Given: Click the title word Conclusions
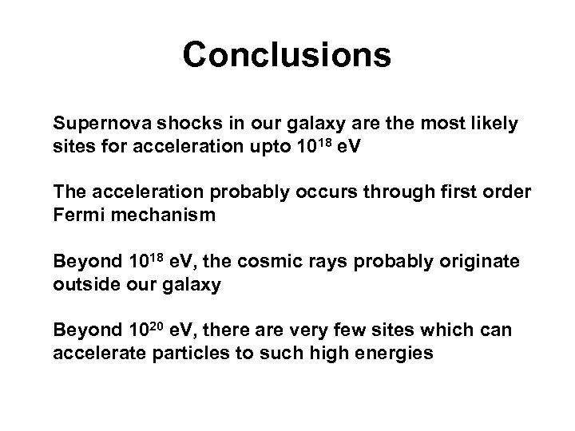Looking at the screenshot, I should coord(287,55).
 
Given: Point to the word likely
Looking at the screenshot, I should coord(492,125).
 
